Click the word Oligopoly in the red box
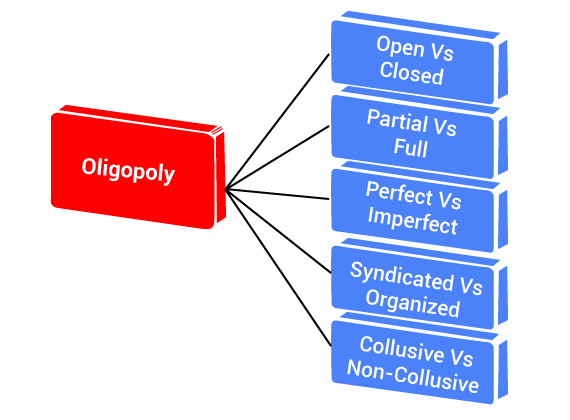[128, 170]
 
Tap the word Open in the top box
[400, 47]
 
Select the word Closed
[412, 73]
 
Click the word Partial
[397, 120]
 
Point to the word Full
[410, 147]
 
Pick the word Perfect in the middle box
[399, 193]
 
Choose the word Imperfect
[412, 220]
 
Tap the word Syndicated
[402, 276]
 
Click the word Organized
[413, 304]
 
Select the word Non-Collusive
[413, 376]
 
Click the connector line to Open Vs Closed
[277, 121]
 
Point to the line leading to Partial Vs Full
[277, 157]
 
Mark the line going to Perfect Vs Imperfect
[277, 194]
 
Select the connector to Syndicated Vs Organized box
[278, 231]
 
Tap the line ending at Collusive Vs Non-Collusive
[278, 267]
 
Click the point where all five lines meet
[226, 189]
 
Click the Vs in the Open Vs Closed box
[442, 52]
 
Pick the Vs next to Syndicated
[471, 285]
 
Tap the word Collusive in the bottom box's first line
[401, 349]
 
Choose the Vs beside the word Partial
[445, 127]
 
